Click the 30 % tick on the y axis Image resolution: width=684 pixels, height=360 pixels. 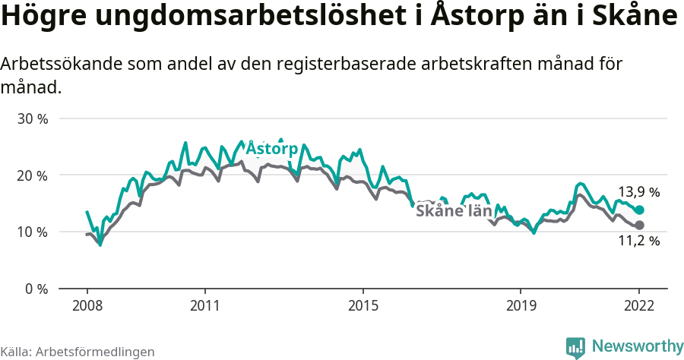[x=33, y=119]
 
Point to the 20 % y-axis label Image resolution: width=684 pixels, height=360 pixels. [x=33, y=175]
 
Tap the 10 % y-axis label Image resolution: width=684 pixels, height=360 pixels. [x=33, y=232]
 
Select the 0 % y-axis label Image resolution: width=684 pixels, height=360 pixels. [x=37, y=289]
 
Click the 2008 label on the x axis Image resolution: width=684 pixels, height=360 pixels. [x=87, y=305]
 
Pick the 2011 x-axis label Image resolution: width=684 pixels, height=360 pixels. [x=205, y=305]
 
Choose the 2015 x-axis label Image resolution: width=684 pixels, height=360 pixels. [x=363, y=305]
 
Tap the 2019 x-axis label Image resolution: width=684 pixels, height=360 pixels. [x=521, y=305]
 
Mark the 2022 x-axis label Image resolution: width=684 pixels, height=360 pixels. [x=639, y=305]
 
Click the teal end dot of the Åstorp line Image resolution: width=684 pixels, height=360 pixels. [x=640, y=210]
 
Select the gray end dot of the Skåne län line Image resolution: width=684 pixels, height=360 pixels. [x=640, y=225]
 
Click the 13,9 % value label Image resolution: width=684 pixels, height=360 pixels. [x=638, y=192]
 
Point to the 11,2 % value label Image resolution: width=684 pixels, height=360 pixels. [x=638, y=242]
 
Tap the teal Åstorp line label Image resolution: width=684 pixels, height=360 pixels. [x=271, y=148]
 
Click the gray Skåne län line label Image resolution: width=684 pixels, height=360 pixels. [x=454, y=210]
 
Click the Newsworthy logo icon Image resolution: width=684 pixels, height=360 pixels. [x=575, y=348]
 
